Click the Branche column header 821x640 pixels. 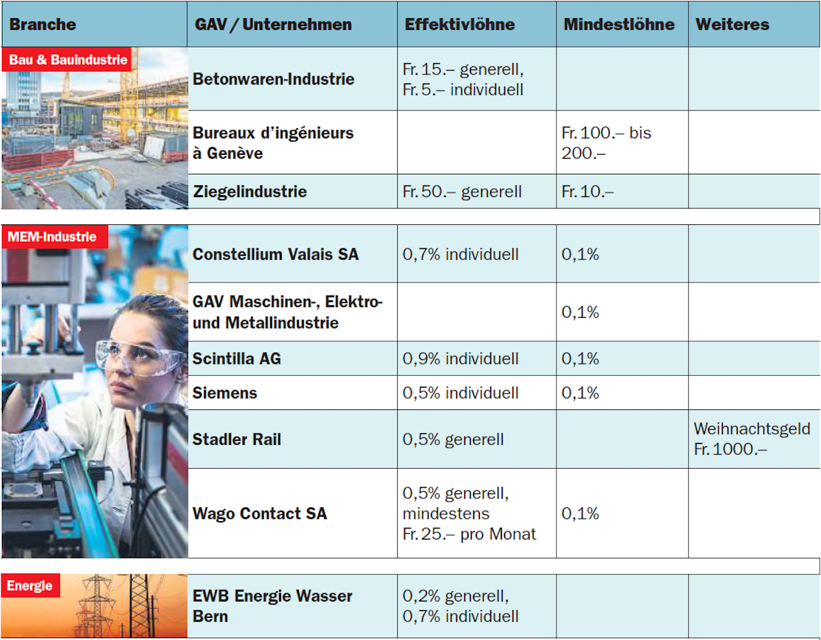(43, 25)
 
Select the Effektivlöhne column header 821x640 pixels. (459, 25)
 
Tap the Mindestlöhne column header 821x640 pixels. (619, 25)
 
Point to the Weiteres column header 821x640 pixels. (732, 25)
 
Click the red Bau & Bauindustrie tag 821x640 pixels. (68, 60)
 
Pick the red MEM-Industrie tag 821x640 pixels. (52, 237)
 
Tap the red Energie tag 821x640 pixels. (30, 586)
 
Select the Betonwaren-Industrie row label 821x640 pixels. (273, 79)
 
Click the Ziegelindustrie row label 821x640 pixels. (250, 191)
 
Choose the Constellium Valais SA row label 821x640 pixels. (275, 254)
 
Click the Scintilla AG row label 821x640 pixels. (237, 358)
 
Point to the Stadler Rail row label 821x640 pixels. (237, 439)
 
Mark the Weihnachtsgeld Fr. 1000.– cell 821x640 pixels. (752, 438)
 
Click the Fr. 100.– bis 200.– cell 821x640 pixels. (606, 143)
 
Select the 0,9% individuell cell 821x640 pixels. (460, 358)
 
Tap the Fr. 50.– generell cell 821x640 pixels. (462, 191)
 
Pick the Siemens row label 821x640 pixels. (225, 393)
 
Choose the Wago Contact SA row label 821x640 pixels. (260, 513)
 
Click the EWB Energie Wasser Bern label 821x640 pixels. (272, 606)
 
